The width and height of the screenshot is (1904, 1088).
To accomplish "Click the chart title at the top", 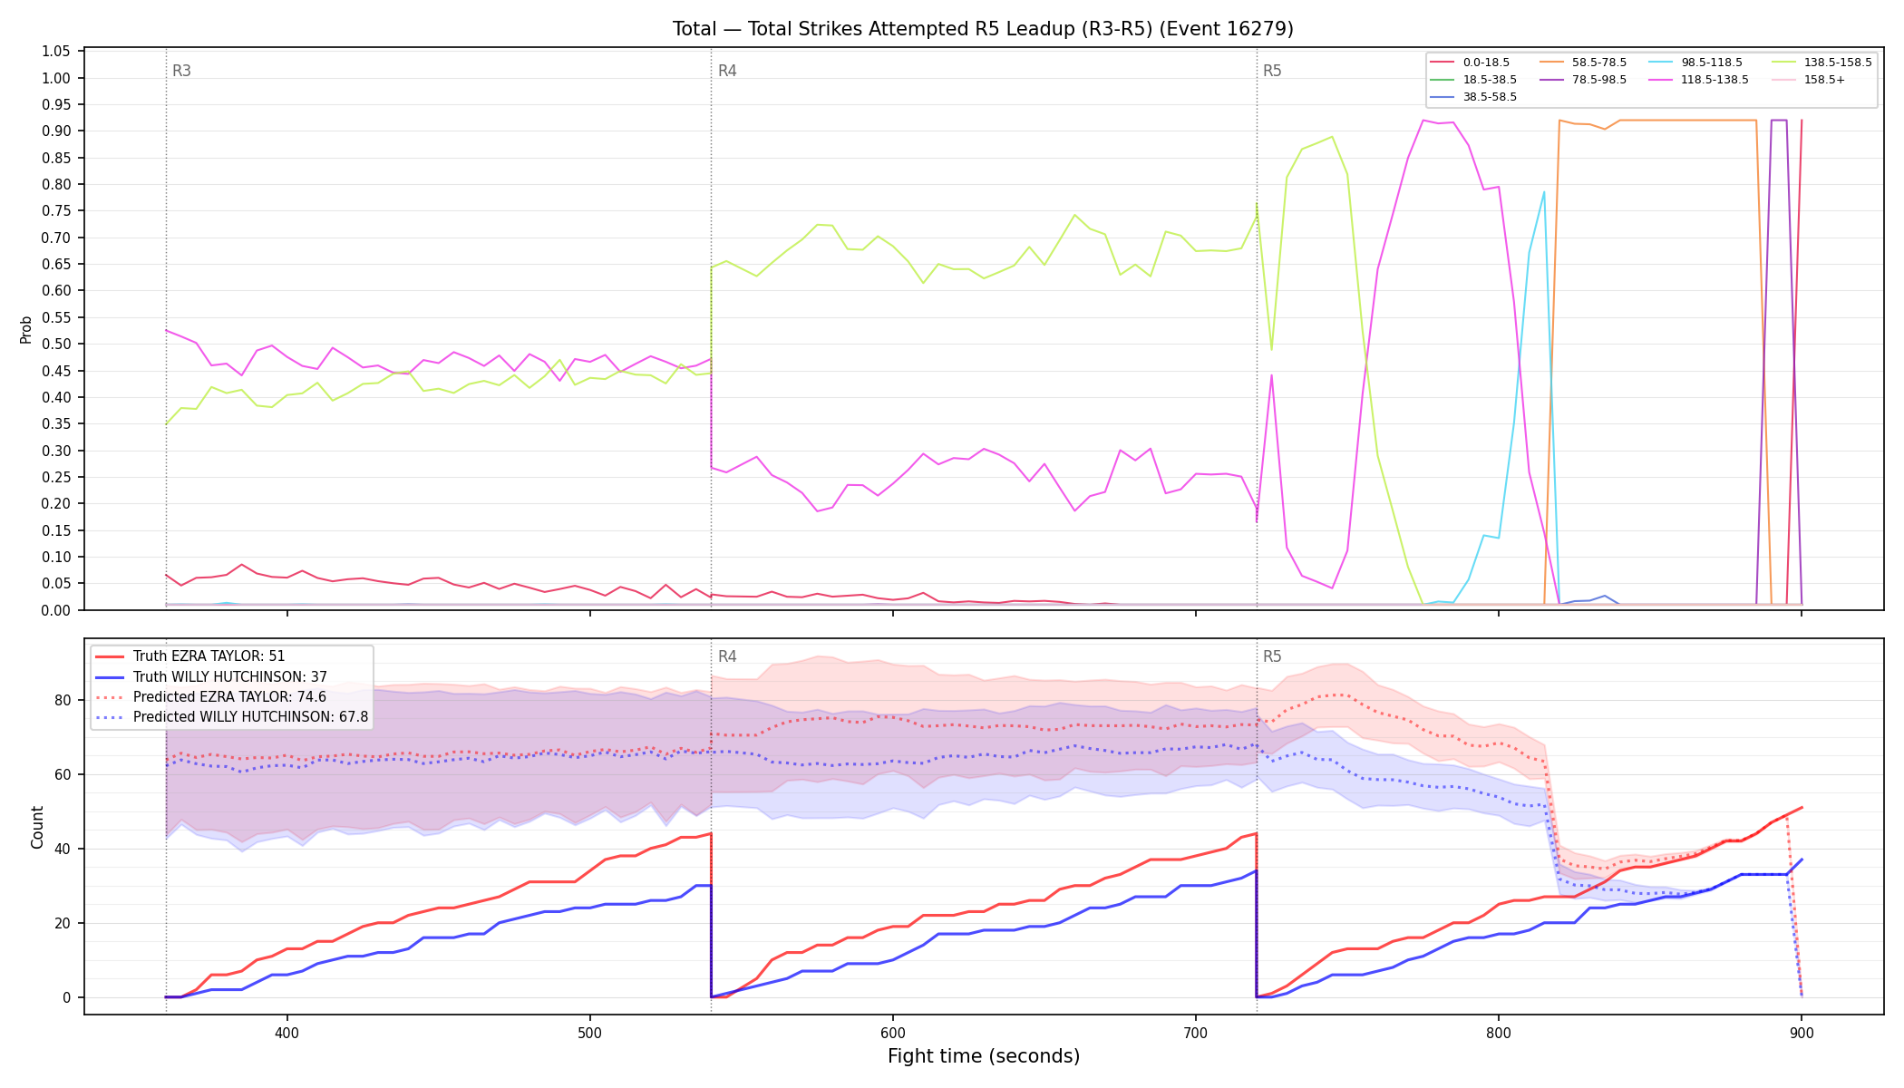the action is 983,29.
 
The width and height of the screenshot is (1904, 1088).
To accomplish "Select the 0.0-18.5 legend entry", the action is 1470,63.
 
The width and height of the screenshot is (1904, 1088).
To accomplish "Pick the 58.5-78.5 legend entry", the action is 1583,63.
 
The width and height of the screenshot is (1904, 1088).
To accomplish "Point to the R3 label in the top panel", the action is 181,71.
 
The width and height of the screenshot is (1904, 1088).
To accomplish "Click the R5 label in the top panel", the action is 1272,71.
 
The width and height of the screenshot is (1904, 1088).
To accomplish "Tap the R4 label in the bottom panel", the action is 727,656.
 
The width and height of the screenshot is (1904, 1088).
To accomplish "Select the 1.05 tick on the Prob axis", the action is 56,52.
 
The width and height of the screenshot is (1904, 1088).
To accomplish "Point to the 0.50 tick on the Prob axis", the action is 56,345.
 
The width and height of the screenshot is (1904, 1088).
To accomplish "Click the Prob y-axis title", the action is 26,329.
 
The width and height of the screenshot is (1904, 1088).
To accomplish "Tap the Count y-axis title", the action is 37,827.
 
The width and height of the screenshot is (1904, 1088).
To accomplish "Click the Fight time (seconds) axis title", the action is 984,1056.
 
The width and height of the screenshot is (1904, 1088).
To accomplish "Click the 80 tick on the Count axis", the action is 63,700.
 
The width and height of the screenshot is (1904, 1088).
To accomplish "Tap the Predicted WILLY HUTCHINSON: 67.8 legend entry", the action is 231,717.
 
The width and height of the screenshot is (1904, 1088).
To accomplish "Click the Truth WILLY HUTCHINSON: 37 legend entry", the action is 210,677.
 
